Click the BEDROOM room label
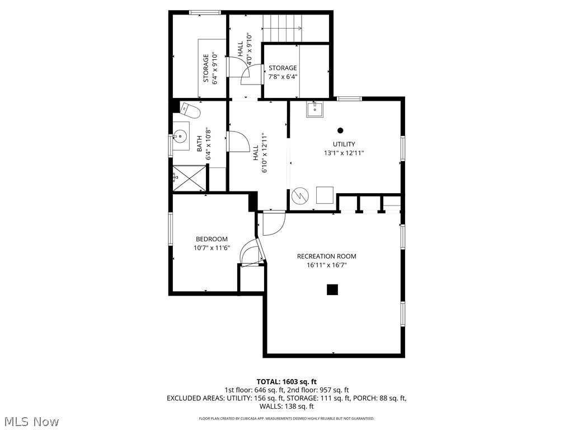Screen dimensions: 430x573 (212, 239)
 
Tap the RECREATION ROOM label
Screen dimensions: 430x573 (326, 256)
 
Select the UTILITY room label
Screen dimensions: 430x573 (344, 144)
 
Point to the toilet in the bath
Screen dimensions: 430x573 (190, 111)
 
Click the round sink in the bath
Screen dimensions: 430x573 (180, 136)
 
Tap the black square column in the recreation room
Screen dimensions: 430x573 (332, 289)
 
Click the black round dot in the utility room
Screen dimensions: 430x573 (340, 130)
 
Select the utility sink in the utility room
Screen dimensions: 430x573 (314, 109)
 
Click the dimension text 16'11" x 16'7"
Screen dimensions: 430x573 (326, 265)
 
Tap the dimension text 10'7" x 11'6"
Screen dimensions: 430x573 (212, 247)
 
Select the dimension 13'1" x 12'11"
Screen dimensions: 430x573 (344, 153)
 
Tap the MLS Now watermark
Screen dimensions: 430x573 (31, 421)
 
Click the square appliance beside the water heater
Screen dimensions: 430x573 (325, 195)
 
